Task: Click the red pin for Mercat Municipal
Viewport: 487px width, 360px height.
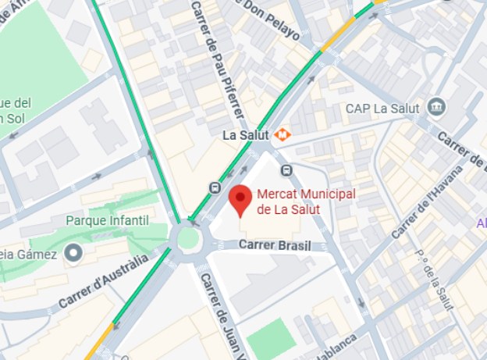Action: point(240,200)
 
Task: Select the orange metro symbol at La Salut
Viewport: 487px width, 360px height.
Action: point(281,134)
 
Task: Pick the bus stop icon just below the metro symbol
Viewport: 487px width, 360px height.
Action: point(286,170)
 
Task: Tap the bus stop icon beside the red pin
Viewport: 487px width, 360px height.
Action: point(215,187)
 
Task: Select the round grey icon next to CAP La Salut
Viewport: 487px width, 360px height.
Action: point(436,106)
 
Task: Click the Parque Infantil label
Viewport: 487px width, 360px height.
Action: point(107,221)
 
